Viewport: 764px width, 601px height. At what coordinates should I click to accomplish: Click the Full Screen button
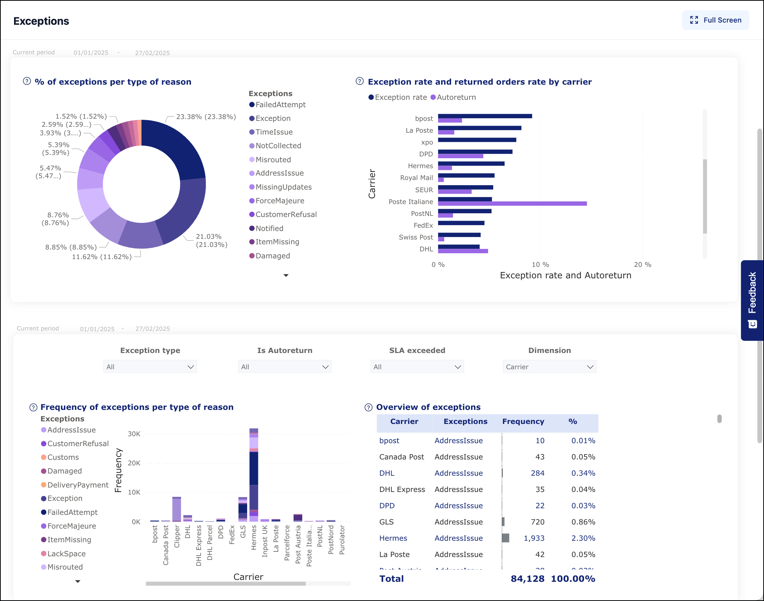click(715, 20)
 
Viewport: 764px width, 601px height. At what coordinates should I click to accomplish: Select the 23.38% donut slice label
click(206, 117)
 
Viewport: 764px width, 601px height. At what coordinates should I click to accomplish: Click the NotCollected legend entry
click(278, 146)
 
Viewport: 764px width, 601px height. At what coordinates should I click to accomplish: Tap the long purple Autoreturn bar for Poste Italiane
click(512, 204)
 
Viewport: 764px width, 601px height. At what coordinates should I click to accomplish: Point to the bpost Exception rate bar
click(485, 116)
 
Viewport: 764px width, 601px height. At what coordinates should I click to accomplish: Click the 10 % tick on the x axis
click(540, 265)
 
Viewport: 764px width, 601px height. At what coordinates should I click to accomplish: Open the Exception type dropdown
click(150, 367)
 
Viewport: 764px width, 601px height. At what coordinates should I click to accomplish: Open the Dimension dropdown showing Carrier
click(549, 367)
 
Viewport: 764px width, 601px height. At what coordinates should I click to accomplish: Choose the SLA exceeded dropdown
click(417, 367)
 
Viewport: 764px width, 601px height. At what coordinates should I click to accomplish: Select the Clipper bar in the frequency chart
click(177, 509)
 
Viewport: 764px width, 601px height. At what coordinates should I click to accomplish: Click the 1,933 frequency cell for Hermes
click(534, 538)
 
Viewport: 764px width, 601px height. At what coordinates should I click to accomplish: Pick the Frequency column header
click(523, 421)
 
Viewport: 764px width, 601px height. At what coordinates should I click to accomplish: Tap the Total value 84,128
click(527, 578)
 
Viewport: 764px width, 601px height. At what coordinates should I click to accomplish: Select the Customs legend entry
click(63, 457)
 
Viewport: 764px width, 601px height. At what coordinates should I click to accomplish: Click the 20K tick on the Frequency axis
click(134, 463)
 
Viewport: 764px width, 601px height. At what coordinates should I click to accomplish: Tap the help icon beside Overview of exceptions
click(368, 407)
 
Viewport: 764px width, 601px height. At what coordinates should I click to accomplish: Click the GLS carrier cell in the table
click(386, 522)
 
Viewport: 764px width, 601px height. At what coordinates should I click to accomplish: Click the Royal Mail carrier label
click(416, 178)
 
